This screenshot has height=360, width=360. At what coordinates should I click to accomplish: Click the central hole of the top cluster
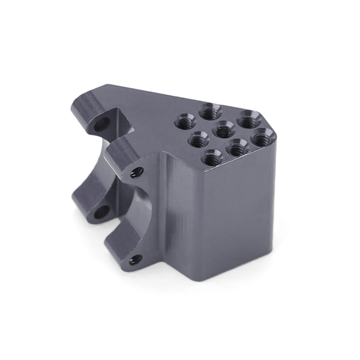pyautogui.click(x=224, y=131)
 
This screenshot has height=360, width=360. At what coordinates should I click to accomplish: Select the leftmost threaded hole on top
pyautogui.click(x=184, y=121)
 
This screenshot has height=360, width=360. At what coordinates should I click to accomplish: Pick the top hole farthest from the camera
pyautogui.click(x=210, y=111)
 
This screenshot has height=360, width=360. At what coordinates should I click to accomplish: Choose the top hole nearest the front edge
pyautogui.click(x=211, y=157)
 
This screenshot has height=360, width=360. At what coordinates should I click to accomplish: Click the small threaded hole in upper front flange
pyautogui.click(x=137, y=172)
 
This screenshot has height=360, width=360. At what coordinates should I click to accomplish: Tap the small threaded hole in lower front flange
pyautogui.click(x=135, y=259)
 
